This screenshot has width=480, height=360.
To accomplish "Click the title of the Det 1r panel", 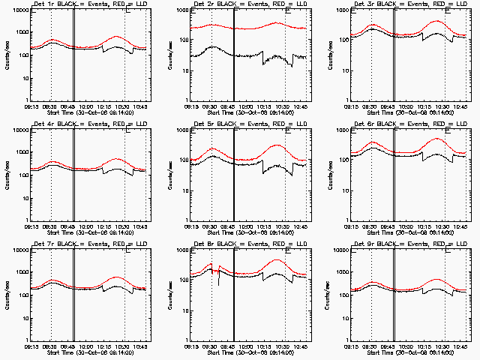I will point(80,5).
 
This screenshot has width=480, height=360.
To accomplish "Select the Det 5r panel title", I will point(241,125).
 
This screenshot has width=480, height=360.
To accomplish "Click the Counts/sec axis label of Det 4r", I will point(6,174).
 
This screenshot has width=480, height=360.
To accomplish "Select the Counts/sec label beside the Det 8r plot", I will point(166,294).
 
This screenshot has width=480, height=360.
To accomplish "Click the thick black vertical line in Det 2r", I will point(235,56).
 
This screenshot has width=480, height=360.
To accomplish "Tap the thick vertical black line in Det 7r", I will point(73,296).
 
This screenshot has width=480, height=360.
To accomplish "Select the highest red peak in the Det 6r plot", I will point(437,139).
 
